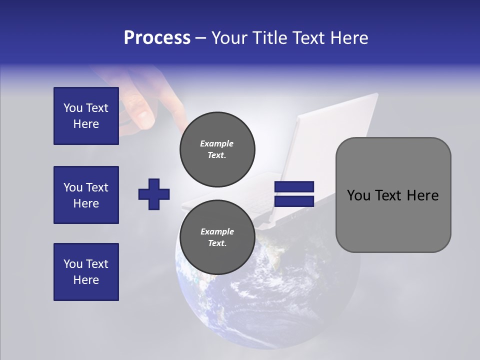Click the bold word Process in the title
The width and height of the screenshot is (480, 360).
(157, 38)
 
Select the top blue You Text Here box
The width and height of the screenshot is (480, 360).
(86, 116)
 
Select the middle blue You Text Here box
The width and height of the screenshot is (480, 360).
(86, 195)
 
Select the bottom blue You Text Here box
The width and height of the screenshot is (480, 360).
(86, 271)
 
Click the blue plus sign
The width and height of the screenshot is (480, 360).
(154, 193)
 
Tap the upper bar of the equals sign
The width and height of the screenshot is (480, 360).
(294, 187)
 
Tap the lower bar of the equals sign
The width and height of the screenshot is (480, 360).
(294, 201)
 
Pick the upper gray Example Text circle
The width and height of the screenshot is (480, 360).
(217, 149)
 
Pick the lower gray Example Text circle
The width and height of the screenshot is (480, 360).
(217, 237)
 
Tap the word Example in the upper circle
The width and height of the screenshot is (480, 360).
(216, 143)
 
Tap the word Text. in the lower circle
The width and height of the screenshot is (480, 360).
(216, 243)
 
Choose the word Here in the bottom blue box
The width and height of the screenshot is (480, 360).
(86, 280)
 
